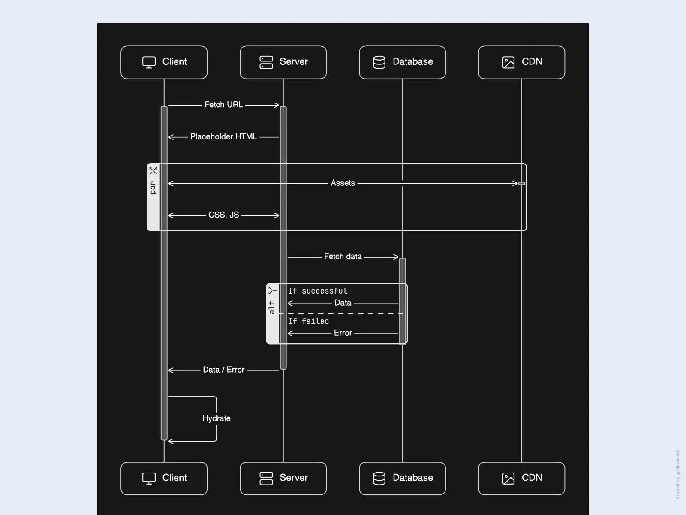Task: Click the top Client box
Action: [x=164, y=62]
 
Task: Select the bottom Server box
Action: [x=283, y=478]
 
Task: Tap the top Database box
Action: [x=402, y=62]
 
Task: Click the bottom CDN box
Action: [x=521, y=478]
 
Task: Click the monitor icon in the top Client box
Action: [x=149, y=62]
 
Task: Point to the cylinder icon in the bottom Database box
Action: [x=379, y=478]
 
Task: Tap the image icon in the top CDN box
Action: [x=508, y=62]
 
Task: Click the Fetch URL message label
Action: [x=223, y=105]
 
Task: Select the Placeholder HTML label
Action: [x=223, y=137]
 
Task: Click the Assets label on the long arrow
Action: [x=343, y=183]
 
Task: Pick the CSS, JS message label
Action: [x=223, y=215]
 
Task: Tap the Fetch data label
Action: [x=343, y=257]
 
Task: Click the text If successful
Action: [x=317, y=291]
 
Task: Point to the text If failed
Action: [x=308, y=321]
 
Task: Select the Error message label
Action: [x=343, y=333]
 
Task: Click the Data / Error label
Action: [x=223, y=370]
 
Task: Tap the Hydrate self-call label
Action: [x=216, y=418]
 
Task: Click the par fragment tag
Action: [x=153, y=187]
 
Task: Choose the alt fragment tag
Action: [x=272, y=307]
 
